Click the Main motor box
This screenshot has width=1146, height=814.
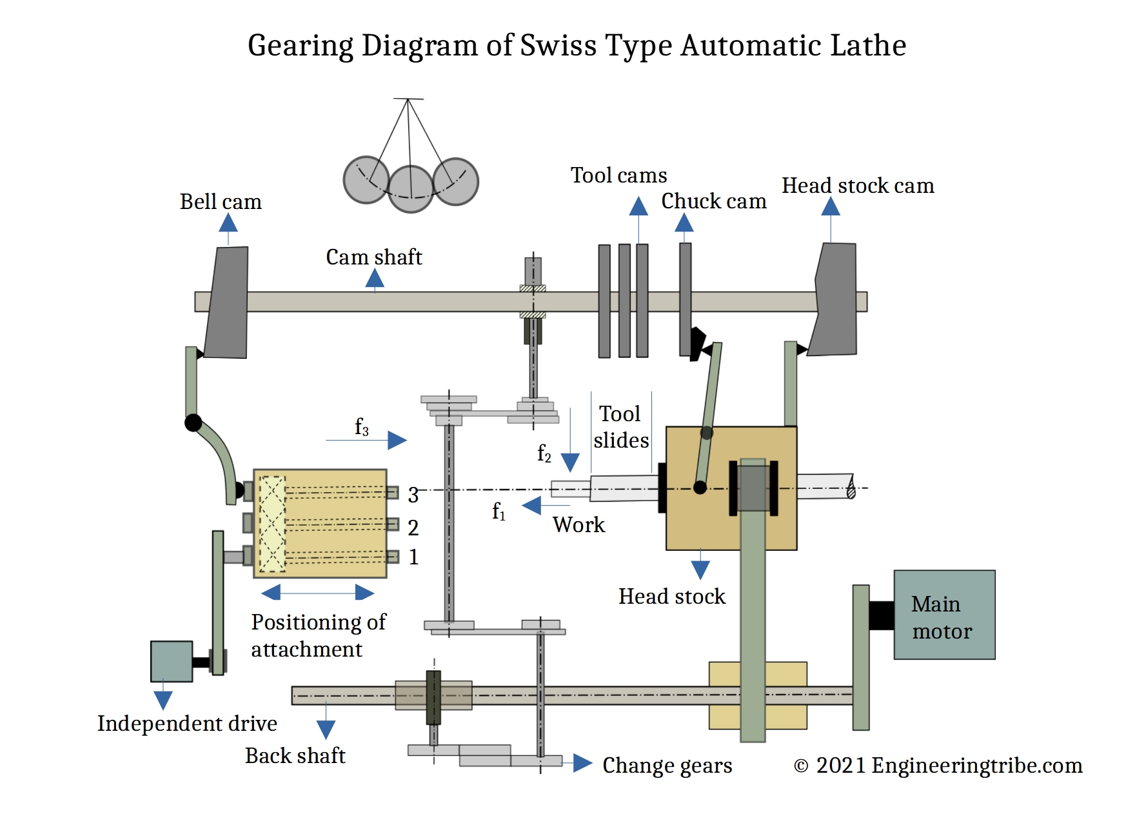[943, 615]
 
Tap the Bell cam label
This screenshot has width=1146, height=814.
[221, 202]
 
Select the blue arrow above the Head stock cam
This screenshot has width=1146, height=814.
[831, 207]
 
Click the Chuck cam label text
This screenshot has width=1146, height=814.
[713, 201]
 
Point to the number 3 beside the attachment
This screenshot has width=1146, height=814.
[413, 495]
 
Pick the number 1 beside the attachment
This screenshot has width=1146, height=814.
[413, 557]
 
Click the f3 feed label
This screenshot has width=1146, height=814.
[362, 427]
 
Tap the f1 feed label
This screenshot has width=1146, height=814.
[499, 511]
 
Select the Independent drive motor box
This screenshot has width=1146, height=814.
[172, 661]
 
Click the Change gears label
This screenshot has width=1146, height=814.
[667, 766]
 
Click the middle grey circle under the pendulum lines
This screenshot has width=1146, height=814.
[411, 189]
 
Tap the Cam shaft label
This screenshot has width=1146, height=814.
[373, 257]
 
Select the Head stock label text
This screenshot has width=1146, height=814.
[671, 597]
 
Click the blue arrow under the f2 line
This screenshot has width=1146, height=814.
[570, 462]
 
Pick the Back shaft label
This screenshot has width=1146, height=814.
[295, 756]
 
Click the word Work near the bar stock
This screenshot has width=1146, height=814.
[578, 525]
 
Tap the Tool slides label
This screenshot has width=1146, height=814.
[620, 427]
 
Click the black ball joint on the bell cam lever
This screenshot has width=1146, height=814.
[193, 423]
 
